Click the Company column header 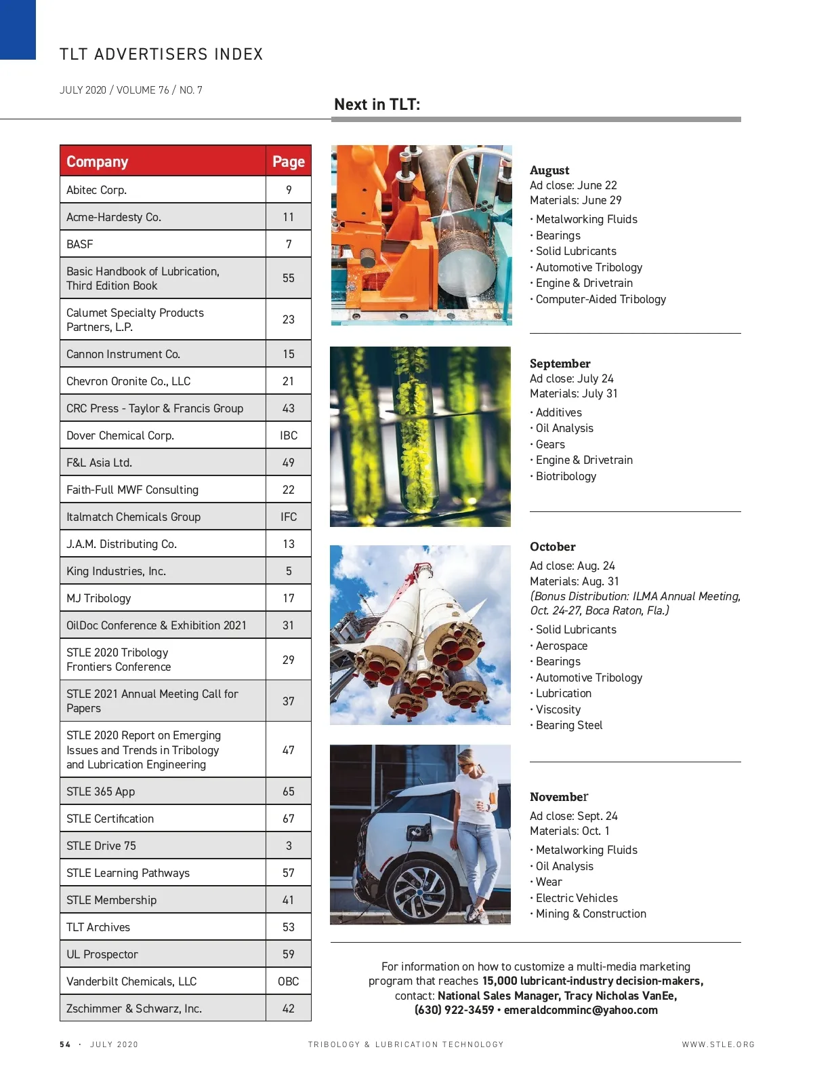98,161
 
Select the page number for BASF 289,244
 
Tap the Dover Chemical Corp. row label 120,435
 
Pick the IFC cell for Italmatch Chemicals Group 289,517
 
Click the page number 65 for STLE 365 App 289,791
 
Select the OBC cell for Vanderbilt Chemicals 289,981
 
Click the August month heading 549,170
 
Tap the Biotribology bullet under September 566,476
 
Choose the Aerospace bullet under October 562,646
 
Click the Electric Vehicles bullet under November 577,898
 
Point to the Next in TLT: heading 377,104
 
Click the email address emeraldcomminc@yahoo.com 581,1010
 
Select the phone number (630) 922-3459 454,1010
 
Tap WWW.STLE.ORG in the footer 718,1044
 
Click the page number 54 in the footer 65,1044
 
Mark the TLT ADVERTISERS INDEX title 161,54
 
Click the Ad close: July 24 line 572,378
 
